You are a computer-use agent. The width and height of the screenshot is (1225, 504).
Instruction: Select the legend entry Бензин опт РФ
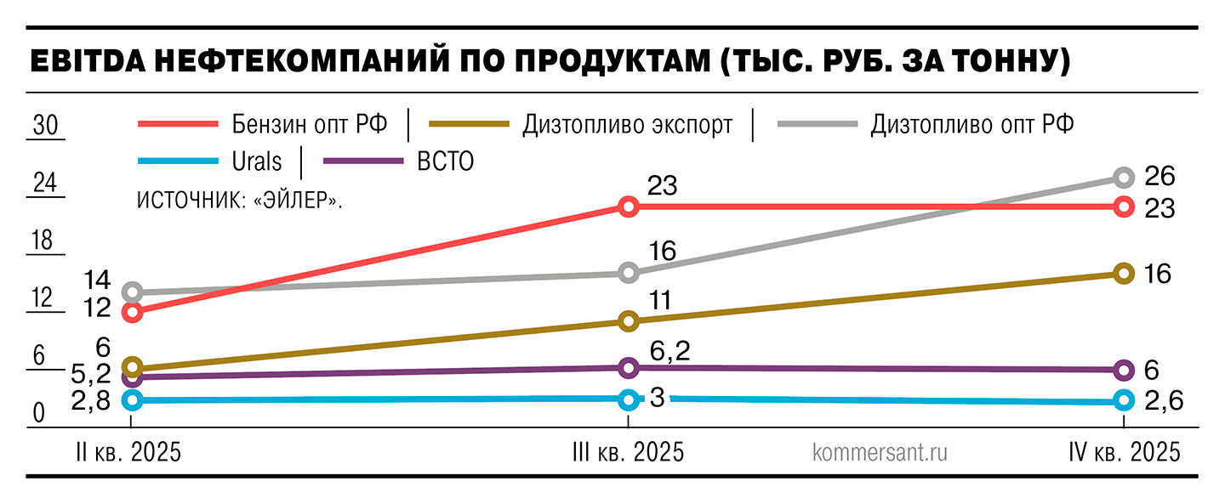[x=311, y=124]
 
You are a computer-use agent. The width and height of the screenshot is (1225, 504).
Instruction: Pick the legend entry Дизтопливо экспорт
[x=628, y=125]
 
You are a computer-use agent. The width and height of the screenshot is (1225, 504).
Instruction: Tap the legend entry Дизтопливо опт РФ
[x=971, y=125]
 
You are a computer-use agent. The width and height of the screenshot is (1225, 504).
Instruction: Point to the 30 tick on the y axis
[x=44, y=127]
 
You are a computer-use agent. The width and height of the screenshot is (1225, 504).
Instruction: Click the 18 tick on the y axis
[x=43, y=241]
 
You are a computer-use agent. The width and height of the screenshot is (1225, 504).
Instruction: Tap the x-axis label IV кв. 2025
[x=1125, y=451]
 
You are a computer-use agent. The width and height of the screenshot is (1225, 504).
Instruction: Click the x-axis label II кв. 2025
[x=128, y=451]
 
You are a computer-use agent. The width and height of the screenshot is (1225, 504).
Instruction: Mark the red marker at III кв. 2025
[x=628, y=207]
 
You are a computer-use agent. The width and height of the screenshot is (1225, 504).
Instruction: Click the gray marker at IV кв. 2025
[x=1124, y=177]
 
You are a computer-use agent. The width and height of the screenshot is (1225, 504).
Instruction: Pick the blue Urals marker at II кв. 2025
[x=131, y=399]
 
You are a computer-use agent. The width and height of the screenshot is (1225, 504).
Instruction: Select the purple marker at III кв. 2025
[x=628, y=367]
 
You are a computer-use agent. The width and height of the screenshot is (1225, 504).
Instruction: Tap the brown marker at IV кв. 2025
[x=1124, y=273]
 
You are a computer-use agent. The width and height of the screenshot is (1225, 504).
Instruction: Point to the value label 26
[x=1159, y=177]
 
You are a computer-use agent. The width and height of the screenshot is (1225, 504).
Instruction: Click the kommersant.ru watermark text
[x=880, y=451]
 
